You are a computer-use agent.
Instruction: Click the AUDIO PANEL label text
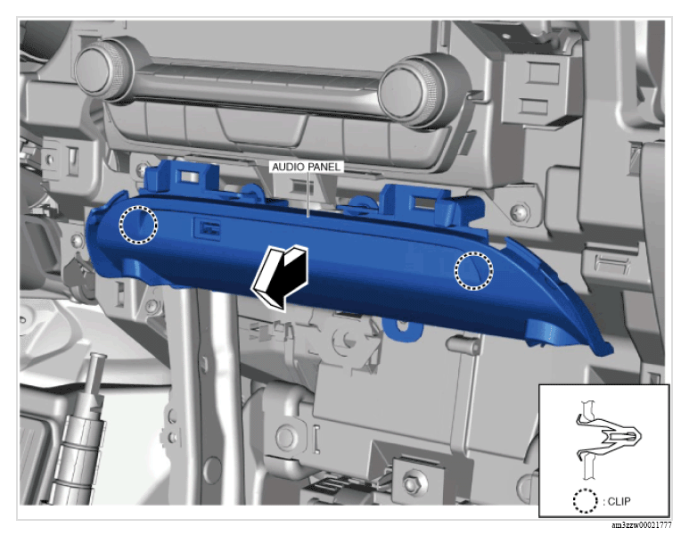click(x=306, y=167)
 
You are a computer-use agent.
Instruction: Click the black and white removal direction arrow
click(x=281, y=277)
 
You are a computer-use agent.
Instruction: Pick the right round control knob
click(x=408, y=91)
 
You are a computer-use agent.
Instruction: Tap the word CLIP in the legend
click(x=619, y=501)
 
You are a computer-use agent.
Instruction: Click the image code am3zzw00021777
click(x=642, y=525)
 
